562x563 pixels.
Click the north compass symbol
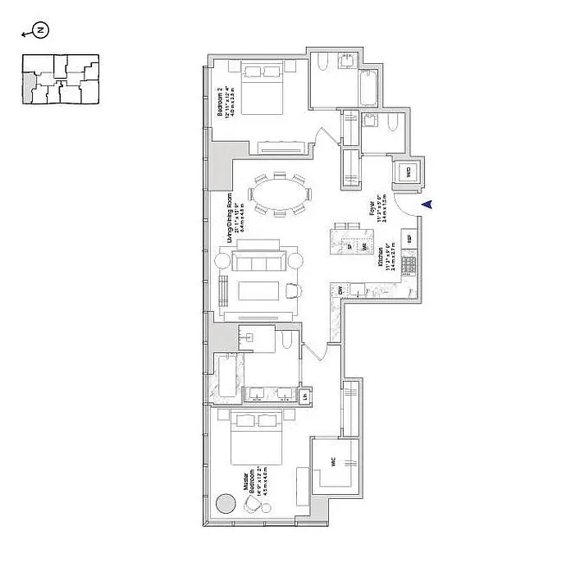pos(42,31)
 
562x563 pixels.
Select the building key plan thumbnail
pos(59,80)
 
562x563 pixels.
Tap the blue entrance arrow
pos(425,205)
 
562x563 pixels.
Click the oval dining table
pos(281,195)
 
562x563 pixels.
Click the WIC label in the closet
pos(334,462)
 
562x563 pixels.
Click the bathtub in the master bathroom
pos(227,378)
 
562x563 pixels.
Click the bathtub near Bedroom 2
pos(366,84)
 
